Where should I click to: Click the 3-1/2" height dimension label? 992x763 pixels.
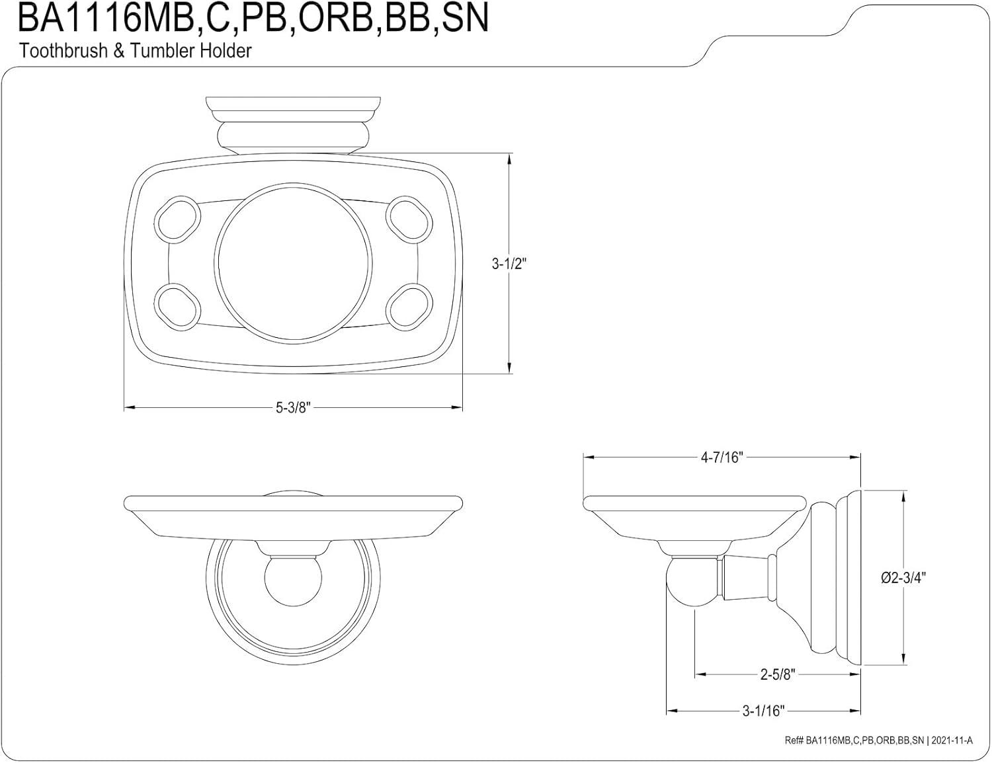point(509,264)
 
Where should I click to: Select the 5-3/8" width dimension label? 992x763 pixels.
point(293,407)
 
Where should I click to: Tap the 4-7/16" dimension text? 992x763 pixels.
point(722,457)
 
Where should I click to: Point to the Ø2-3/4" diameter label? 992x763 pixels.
point(903,577)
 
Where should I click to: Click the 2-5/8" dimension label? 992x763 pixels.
point(777,674)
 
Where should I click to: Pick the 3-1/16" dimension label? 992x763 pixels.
point(763,711)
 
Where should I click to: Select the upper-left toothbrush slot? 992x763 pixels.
point(179,215)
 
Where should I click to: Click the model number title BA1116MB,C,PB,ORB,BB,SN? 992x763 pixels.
point(253,19)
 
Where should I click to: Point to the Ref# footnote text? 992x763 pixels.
point(879,741)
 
